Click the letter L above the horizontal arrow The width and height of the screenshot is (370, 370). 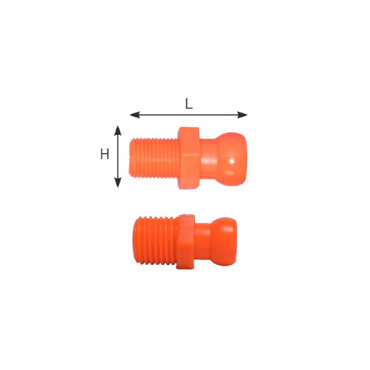189,104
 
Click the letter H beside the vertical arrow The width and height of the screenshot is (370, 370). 105,154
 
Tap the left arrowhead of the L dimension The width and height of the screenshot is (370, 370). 135,115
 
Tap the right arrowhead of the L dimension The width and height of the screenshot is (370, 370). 242,115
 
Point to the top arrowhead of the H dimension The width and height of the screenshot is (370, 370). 117,130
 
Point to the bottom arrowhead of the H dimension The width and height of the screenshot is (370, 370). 117,182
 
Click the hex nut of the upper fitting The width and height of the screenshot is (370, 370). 189,158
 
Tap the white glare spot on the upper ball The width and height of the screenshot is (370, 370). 232,161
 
